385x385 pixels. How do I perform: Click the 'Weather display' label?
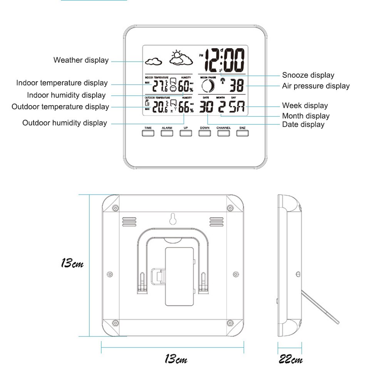tap(81, 60)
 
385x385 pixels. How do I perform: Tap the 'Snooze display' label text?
tap(308, 75)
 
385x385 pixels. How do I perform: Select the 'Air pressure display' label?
tap(316, 86)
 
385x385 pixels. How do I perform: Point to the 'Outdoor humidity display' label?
tap(64, 123)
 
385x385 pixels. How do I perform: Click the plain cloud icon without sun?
tap(154, 61)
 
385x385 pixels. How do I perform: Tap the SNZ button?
tap(242, 133)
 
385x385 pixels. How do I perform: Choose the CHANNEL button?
tap(223, 133)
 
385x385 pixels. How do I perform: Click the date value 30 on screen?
tap(206, 107)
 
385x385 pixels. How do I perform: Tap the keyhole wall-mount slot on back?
tap(172, 219)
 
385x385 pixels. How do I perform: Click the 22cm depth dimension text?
tap(291, 360)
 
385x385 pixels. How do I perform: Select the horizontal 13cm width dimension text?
tap(176, 360)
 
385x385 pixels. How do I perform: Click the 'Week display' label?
tap(305, 105)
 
